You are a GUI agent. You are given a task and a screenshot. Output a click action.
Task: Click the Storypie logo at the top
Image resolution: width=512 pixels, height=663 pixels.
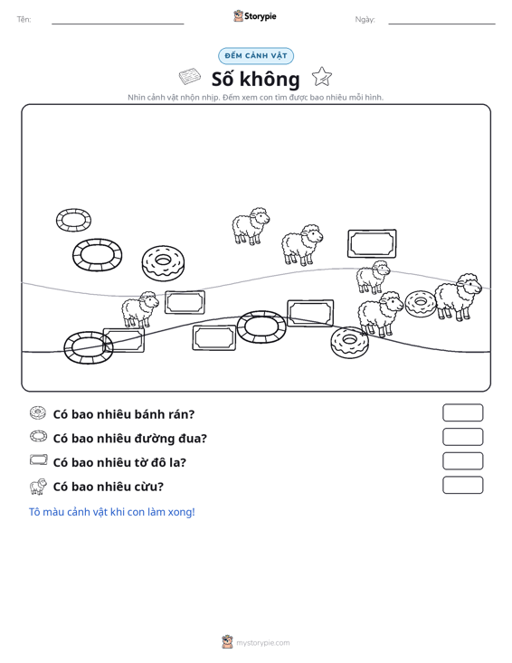255,16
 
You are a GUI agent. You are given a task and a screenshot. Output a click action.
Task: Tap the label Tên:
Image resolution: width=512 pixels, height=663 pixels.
24,20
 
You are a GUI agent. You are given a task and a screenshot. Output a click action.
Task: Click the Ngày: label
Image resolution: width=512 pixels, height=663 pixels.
365,20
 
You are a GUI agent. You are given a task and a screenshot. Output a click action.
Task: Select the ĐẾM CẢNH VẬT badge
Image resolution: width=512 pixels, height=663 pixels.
256,56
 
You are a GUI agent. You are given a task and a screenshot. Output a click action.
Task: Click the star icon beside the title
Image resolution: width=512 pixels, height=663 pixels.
322,77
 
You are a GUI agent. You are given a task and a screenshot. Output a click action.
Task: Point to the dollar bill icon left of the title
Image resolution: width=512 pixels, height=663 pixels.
189,77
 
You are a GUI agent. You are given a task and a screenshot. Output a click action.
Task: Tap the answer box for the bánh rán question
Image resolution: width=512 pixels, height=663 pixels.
462,412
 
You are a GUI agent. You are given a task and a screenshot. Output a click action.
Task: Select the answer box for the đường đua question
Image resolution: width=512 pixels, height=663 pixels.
462,437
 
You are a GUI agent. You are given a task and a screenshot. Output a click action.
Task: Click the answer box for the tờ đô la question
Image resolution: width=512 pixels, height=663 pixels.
462,461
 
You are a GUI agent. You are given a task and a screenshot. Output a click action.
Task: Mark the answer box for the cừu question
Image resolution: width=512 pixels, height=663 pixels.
462,485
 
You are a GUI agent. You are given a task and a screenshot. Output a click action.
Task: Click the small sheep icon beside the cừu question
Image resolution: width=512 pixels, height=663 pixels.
38,487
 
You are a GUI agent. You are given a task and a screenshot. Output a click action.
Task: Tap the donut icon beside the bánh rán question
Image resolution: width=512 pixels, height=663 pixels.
38,412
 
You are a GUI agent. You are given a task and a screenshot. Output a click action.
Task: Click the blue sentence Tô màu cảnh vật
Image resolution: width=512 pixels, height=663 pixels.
112,512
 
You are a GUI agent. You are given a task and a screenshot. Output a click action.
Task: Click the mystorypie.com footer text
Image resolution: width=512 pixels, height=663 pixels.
263,643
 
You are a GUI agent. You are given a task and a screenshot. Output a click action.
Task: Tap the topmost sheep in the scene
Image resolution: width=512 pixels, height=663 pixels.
251,226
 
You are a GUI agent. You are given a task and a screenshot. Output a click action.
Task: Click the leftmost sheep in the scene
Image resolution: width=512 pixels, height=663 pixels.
139,309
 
